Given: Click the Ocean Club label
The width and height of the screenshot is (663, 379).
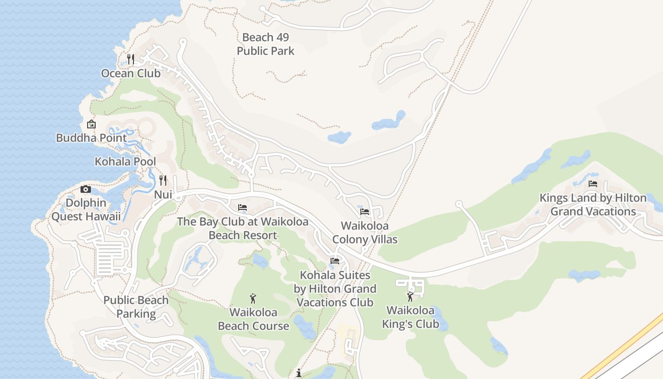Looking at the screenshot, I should click(x=131, y=73).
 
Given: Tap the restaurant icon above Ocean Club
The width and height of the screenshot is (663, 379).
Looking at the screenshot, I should click(x=131, y=59).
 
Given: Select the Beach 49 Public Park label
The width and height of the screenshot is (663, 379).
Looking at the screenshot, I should click(x=266, y=44).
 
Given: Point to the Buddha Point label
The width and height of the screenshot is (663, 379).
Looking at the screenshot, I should click(x=91, y=138).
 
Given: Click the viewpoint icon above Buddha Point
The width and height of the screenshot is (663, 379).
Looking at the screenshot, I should click(x=91, y=125).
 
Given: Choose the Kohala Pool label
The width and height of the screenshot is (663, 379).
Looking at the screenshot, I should click(x=125, y=162).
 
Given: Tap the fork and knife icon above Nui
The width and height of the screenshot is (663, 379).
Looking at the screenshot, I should click(x=163, y=180).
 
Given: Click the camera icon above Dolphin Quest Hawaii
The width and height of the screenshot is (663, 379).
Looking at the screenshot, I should click(x=86, y=189).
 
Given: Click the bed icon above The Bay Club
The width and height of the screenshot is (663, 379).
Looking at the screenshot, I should click(x=242, y=208).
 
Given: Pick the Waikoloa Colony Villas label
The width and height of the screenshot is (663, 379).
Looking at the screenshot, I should click(x=365, y=233).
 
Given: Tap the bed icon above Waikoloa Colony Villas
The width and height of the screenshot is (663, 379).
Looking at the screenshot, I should click(x=365, y=212).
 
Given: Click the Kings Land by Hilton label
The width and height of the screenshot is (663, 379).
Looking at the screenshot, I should click(x=593, y=205).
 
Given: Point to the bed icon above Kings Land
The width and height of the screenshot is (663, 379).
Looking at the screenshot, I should click(x=593, y=184).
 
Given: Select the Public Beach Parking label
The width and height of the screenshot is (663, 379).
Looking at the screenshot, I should click(x=136, y=307).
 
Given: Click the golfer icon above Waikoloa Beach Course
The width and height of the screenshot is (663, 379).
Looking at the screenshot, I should click(x=253, y=299).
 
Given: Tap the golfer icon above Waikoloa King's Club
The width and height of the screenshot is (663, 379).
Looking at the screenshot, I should click(x=410, y=297).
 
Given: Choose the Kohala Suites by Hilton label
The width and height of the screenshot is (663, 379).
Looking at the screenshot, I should click(x=335, y=289).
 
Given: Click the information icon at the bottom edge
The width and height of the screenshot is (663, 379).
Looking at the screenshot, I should click(x=298, y=373).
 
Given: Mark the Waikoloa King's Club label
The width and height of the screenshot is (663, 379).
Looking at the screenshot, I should click(x=410, y=317).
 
